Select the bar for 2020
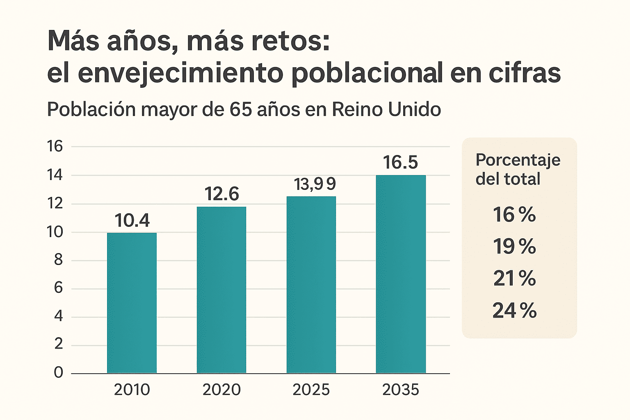click(221, 290)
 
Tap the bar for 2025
click(311, 285)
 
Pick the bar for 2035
click(401, 274)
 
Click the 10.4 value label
click(132, 221)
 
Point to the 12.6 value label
click(221, 194)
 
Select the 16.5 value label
click(400, 162)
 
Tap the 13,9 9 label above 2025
click(315, 184)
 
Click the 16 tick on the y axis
click(55, 146)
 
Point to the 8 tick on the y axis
click(58, 260)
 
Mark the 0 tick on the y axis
click(59, 372)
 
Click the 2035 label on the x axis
click(400, 390)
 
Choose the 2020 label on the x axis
click(221, 390)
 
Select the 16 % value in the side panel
click(514, 215)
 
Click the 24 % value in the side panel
click(514, 310)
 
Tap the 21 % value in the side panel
click(514, 278)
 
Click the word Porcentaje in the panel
click(518, 160)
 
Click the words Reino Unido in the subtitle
click(386, 110)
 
